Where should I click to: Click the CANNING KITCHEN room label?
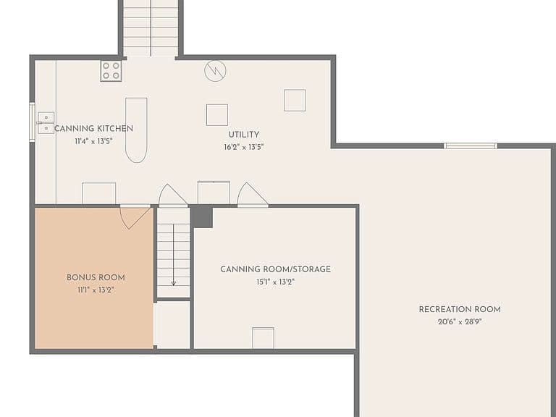pyautogui.click(x=93, y=128)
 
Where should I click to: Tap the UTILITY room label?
pyautogui.click(x=243, y=135)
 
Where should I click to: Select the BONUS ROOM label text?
pyautogui.click(x=96, y=278)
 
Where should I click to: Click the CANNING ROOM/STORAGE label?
pyautogui.click(x=276, y=269)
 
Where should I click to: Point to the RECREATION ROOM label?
pyautogui.click(x=460, y=309)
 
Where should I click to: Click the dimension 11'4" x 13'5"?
pyautogui.click(x=93, y=141)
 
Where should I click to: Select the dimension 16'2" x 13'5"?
pyautogui.click(x=243, y=147)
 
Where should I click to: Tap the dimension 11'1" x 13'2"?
pyautogui.click(x=96, y=290)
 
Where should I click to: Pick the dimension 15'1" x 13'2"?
pyautogui.click(x=276, y=282)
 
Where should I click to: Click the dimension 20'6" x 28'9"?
pyautogui.click(x=460, y=322)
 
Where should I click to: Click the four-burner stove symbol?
pyautogui.click(x=111, y=71)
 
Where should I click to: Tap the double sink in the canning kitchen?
pyautogui.click(x=46, y=122)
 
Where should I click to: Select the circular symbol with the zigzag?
pyautogui.click(x=215, y=71)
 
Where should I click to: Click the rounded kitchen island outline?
pyautogui.click(x=136, y=130)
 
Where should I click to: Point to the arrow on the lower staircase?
pyautogui.click(x=174, y=255)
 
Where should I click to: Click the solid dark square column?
pyautogui.click(x=202, y=216)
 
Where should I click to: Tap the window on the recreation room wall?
pyautogui.click(x=470, y=146)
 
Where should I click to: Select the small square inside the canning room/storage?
pyautogui.click(x=263, y=338)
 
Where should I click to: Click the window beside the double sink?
pyautogui.click(x=32, y=122)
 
